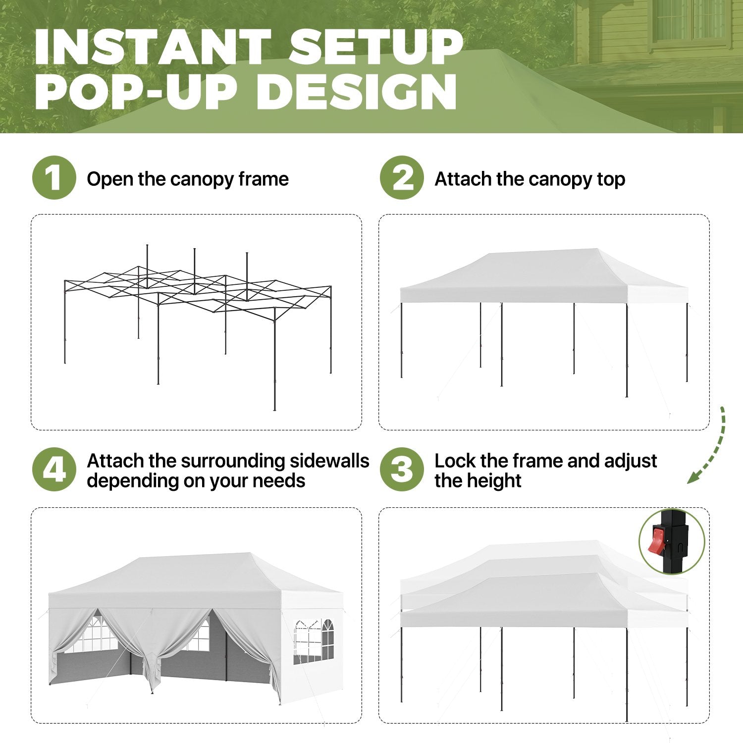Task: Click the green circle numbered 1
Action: click(x=54, y=178)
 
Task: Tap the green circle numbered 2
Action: click(x=402, y=178)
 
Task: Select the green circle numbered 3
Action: click(x=402, y=470)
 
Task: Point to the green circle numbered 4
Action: click(x=54, y=470)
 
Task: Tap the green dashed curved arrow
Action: click(x=716, y=448)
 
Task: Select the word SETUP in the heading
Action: click(x=376, y=48)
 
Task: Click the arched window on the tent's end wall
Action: click(x=327, y=640)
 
